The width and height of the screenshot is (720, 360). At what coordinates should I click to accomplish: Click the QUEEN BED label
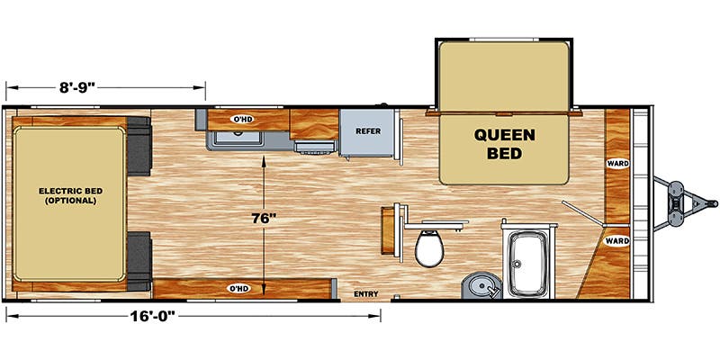(504, 144)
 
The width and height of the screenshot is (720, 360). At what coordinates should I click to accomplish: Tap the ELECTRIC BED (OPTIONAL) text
(70, 195)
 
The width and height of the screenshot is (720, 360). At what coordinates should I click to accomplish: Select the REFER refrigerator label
(368, 131)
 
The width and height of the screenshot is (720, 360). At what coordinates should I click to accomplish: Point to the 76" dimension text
(264, 219)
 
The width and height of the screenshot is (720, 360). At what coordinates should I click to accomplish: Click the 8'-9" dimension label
(76, 87)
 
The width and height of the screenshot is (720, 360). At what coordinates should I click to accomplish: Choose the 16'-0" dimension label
(154, 316)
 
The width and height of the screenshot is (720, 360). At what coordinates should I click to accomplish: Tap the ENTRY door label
(366, 294)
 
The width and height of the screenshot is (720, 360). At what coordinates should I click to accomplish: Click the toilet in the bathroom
(429, 248)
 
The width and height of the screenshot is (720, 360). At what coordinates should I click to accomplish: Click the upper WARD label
(617, 164)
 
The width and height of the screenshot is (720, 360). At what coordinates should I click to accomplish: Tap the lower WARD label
(617, 240)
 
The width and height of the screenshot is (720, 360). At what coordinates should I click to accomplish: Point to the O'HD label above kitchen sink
(241, 120)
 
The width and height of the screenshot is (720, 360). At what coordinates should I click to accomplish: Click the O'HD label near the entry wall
(239, 288)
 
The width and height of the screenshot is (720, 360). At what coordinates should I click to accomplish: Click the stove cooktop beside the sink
(315, 146)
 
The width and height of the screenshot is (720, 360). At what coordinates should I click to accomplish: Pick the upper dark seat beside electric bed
(139, 146)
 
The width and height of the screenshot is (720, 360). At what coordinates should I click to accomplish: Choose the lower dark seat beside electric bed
(139, 261)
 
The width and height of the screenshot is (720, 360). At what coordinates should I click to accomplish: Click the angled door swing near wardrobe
(581, 213)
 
